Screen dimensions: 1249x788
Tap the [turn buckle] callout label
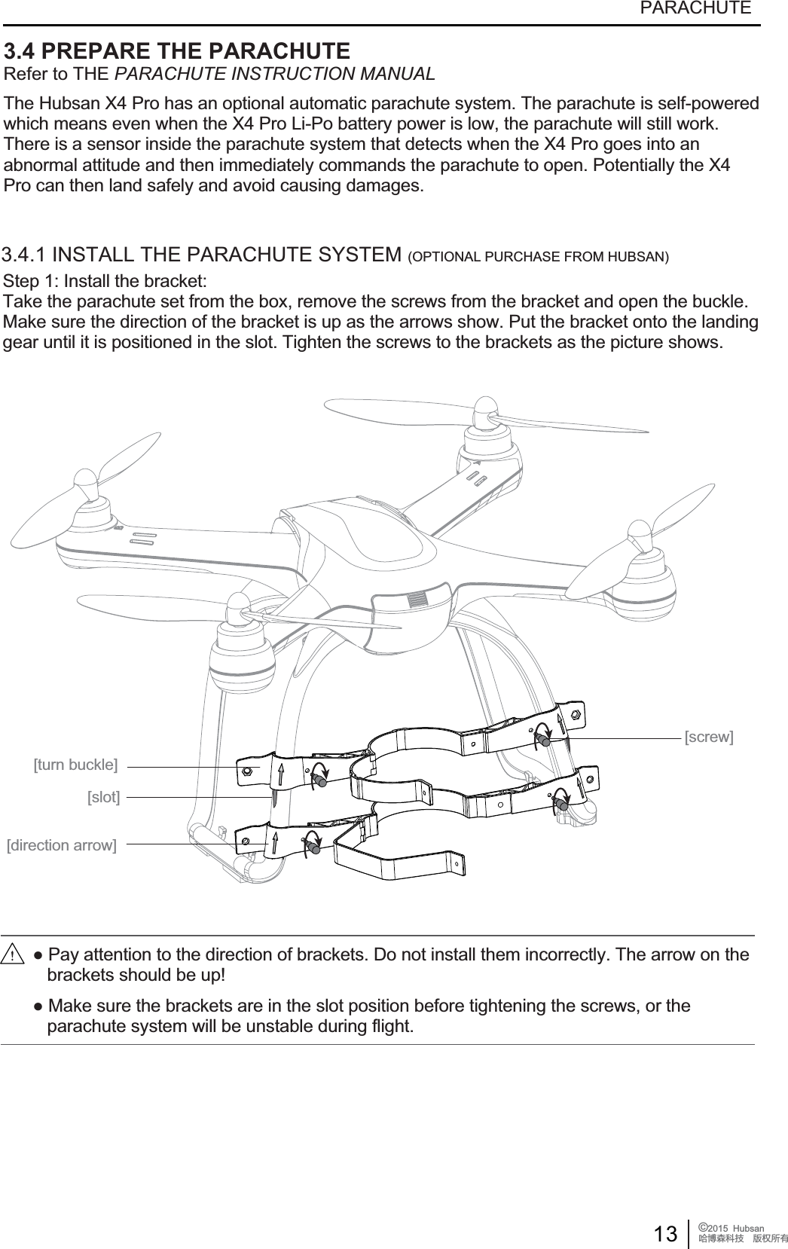click(x=75, y=765)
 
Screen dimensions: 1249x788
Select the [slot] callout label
click(x=103, y=796)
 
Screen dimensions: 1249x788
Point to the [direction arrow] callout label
click(x=61, y=844)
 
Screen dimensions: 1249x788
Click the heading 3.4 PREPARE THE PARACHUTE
click(x=177, y=51)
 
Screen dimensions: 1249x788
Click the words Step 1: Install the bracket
click(x=105, y=282)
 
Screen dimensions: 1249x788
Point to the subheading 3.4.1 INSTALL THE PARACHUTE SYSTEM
click(x=202, y=253)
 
